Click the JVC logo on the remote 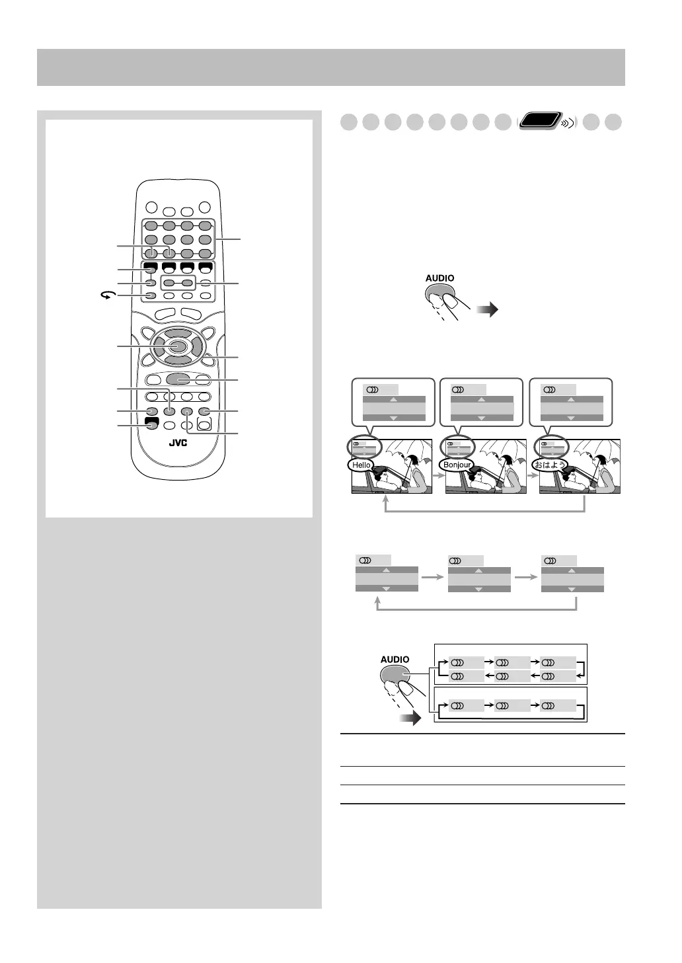click(178, 442)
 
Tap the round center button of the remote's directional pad click(178, 346)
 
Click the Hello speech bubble click(361, 465)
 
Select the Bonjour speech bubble click(457, 465)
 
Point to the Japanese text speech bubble click(550, 465)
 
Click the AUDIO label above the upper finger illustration click(439, 278)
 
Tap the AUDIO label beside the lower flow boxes click(395, 659)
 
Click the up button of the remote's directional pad click(178, 332)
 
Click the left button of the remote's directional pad click(159, 346)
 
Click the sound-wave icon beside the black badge click(567, 123)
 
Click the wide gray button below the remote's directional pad click(178, 379)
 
